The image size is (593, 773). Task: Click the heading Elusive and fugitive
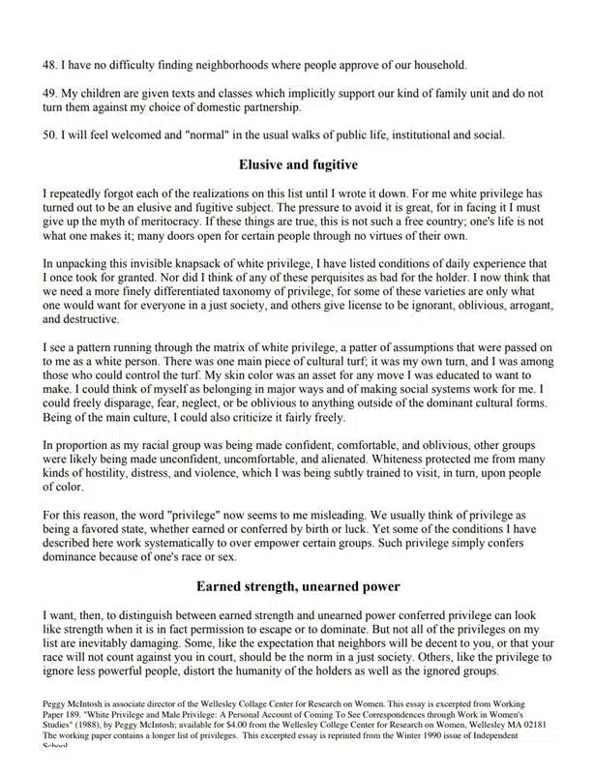(297, 164)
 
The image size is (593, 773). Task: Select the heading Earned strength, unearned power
(297, 586)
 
